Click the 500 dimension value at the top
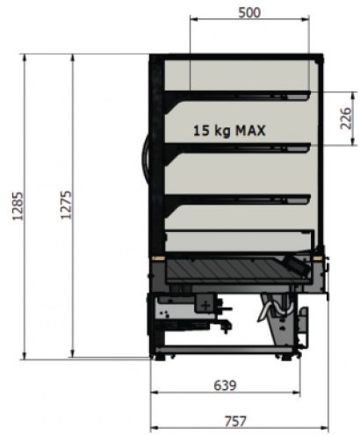click(x=249, y=13)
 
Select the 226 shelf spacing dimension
click(x=346, y=119)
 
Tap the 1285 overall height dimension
click(x=18, y=206)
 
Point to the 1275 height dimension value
click(x=66, y=205)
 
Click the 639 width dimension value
click(x=225, y=386)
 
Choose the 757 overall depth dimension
click(x=235, y=422)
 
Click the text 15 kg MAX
click(x=229, y=130)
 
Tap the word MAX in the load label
click(x=251, y=130)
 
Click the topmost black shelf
click(x=237, y=95)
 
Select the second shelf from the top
click(x=237, y=148)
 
